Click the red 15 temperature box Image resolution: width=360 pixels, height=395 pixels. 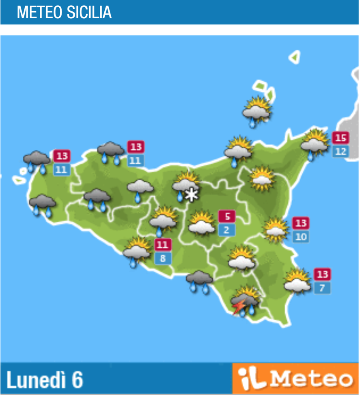(341, 138)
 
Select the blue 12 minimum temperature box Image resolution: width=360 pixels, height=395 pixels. (341, 151)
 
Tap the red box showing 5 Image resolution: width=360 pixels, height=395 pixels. (227, 216)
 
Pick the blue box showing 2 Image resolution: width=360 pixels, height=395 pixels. (227, 230)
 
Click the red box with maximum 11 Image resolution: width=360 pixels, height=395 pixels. (163, 245)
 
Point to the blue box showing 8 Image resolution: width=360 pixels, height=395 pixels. (163, 258)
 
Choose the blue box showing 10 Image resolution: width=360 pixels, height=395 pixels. (301, 236)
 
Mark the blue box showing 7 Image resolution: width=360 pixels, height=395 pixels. (322, 288)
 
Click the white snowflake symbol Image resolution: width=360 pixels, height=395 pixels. (191, 195)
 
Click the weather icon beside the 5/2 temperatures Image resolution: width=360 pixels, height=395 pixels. (202, 223)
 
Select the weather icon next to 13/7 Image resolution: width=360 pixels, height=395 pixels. (297, 281)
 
